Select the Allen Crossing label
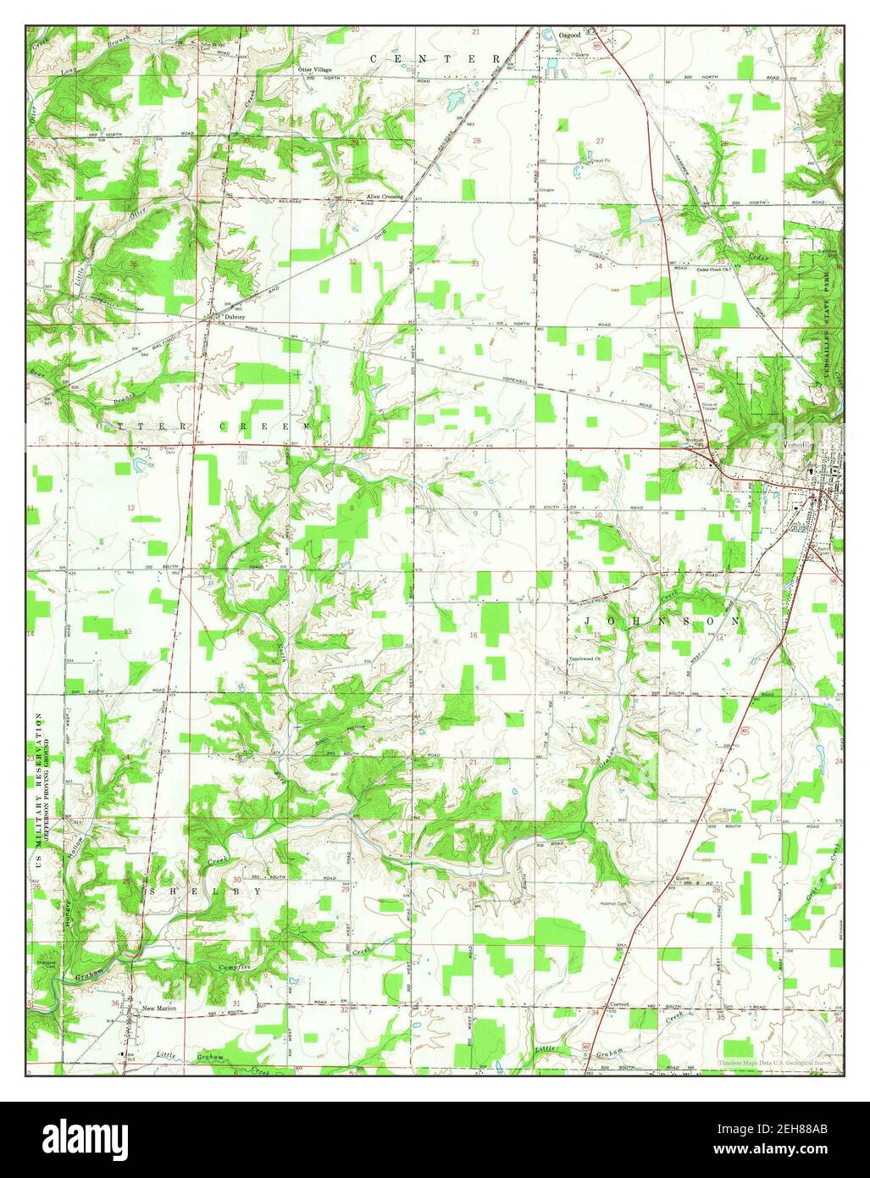click(x=384, y=197)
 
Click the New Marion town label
click(x=159, y=1009)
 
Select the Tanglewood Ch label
click(x=584, y=659)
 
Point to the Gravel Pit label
click(x=597, y=160)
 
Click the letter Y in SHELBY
click(x=255, y=892)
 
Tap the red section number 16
click(x=474, y=636)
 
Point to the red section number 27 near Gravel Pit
click(x=600, y=141)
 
